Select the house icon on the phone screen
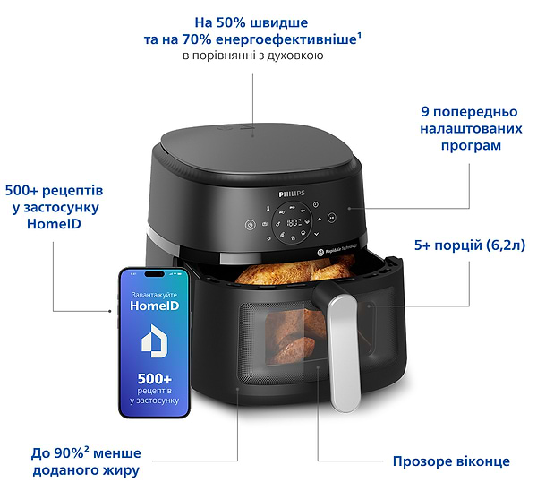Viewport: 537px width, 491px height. coord(153,343)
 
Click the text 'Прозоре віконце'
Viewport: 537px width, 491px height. coord(451,461)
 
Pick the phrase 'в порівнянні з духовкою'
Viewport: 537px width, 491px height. coord(252,56)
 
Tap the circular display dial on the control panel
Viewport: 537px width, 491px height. coord(291,220)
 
